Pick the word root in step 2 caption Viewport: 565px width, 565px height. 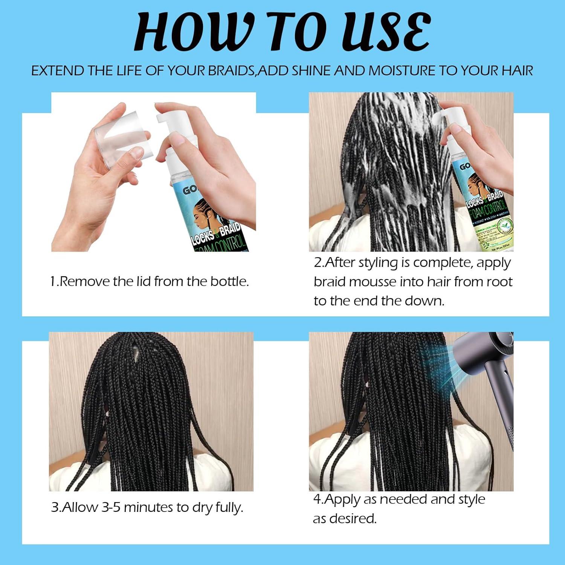point(499,282)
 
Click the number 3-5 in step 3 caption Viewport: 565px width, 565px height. point(111,507)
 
